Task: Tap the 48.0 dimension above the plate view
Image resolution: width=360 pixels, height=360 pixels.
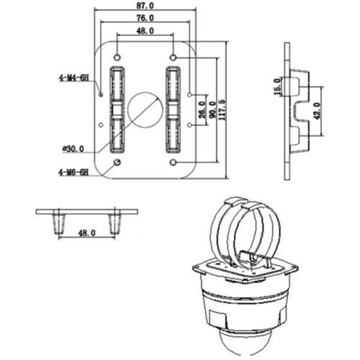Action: [x=145, y=32]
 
